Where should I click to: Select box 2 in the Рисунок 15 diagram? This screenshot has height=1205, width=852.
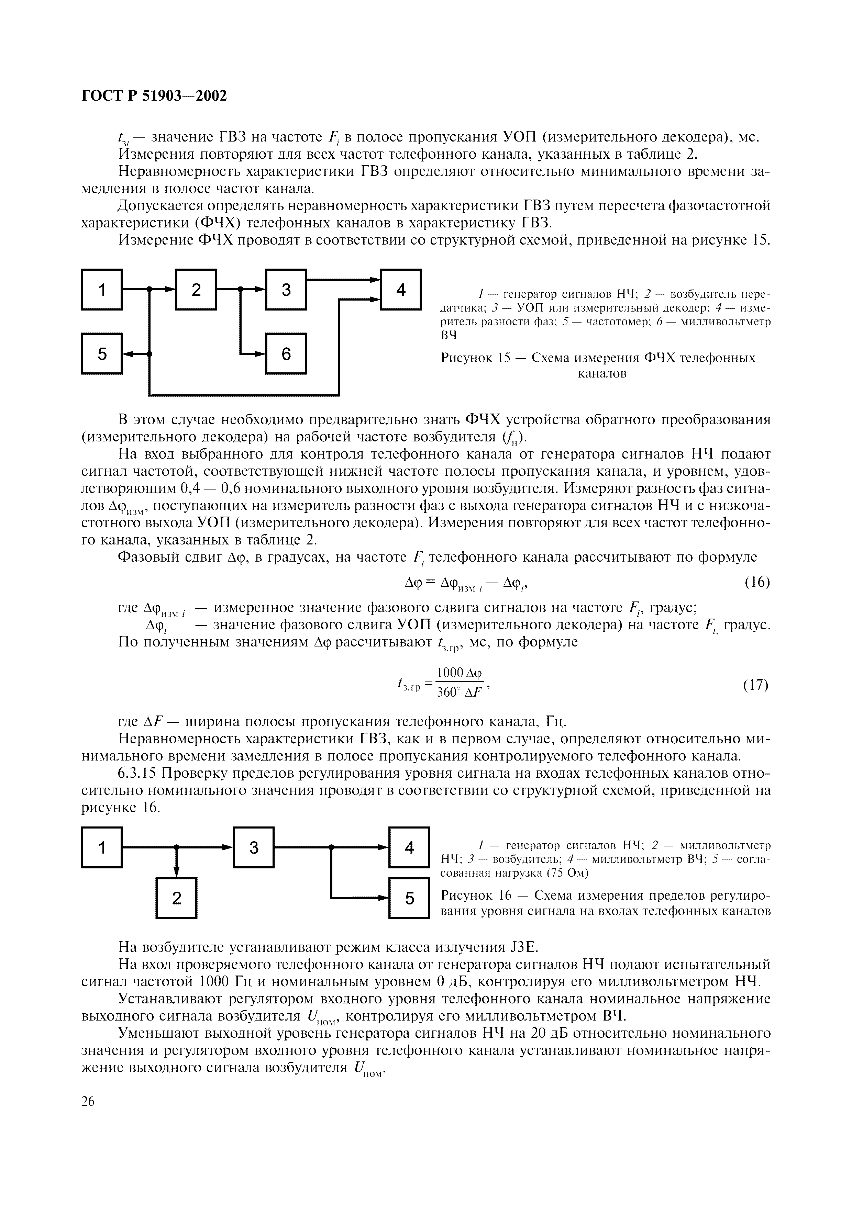click(196, 289)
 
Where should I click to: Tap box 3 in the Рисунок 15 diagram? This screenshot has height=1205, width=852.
click(286, 289)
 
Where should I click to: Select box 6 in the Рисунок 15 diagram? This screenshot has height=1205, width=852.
click(286, 354)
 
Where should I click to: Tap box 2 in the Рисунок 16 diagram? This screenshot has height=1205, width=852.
click(176, 898)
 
